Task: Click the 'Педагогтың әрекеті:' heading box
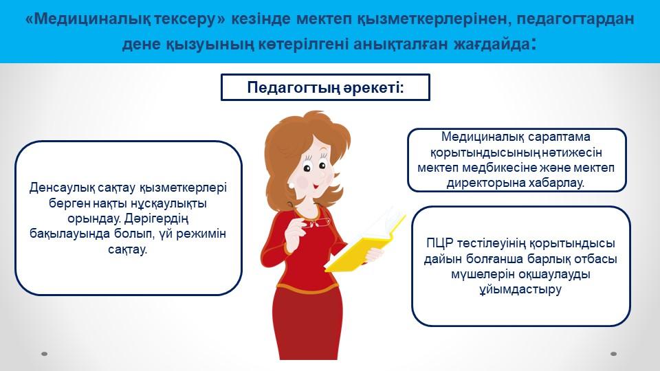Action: click(x=325, y=87)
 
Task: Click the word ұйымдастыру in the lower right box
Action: click(x=520, y=290)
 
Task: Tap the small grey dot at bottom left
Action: click(x=44, y=354)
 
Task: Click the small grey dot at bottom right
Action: click(x=613, y=354)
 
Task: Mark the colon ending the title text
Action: click(x=534, y=44)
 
